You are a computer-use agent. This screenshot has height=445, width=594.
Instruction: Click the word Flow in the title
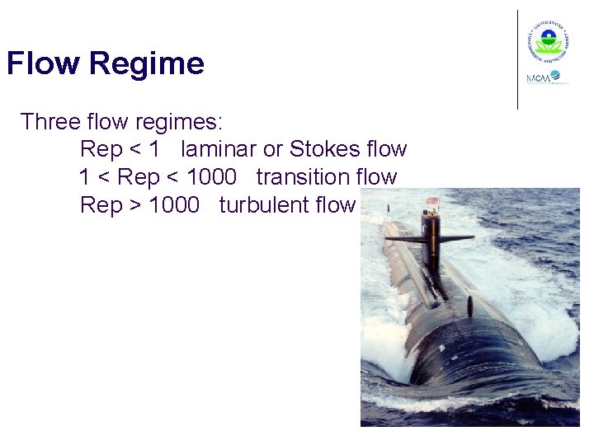[x=44, y=63]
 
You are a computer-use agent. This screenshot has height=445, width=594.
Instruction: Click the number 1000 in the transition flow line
[x=212, y=176]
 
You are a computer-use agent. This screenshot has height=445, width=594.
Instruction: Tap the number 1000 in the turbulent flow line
[x=174, y=204]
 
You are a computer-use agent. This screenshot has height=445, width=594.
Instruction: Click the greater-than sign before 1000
[x=136, y=204]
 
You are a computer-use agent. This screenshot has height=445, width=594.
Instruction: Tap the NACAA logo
[x=543, y=78]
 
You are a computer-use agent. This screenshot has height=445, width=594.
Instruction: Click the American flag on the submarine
[x=431, y=200]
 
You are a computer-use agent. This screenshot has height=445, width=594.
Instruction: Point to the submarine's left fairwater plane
[x=404, y=239]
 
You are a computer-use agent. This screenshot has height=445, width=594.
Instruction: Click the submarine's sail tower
[x=430, y=235]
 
